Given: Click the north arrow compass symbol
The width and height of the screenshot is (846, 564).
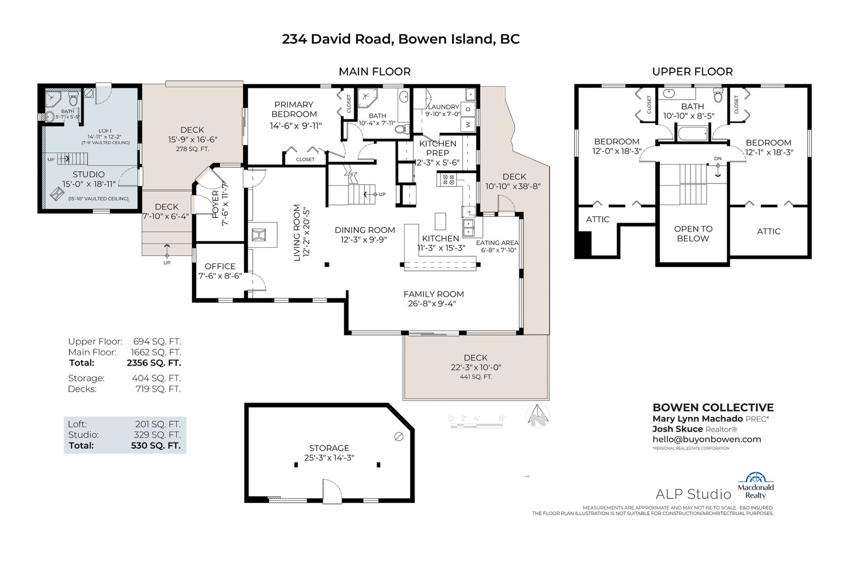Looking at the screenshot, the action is [537, 416].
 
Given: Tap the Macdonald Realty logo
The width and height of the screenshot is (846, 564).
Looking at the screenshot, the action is [756, 486].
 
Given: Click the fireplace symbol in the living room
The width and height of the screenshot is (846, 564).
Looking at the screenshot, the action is [260, 235].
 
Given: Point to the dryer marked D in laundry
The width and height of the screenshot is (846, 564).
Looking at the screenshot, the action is [468, 109].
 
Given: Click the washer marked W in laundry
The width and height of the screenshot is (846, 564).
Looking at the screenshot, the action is [468, 124].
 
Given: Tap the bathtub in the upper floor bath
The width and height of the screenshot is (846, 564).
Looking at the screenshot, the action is [693, 134].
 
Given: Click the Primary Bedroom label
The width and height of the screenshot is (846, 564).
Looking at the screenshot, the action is [294, 109].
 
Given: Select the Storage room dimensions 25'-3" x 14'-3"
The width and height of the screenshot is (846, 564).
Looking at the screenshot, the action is [329, 458].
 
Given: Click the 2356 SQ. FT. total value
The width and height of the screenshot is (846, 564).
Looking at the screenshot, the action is [154, 363].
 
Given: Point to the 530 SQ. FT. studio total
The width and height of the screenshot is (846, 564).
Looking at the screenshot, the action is [155, 445].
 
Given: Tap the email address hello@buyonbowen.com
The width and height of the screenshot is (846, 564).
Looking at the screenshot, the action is [706, 439].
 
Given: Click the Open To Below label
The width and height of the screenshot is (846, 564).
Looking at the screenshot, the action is [693, 234].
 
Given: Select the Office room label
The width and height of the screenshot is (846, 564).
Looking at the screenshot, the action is [220, 266].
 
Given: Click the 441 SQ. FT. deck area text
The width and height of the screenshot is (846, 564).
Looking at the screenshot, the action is [476, 377].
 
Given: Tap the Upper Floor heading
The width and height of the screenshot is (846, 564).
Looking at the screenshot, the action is [692, 71].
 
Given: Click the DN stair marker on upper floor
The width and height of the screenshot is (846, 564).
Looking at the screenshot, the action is [718, 158].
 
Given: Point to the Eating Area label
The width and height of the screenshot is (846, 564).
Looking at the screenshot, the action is [497, 243].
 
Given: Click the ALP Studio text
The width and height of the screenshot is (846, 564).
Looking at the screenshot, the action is [693, 494].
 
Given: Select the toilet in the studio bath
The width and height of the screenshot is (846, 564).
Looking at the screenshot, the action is [73, 100].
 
